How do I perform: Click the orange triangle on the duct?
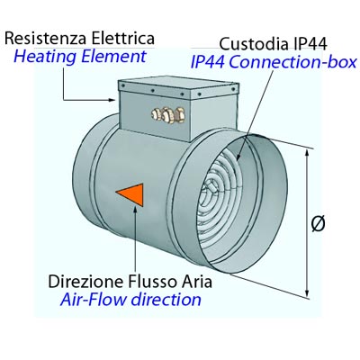pos(133,194)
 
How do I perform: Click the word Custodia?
pos(253,44)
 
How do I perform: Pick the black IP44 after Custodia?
pos(309,44)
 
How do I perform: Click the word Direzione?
pos(86,282)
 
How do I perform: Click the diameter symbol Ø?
pos(318,224)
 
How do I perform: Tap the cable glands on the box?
pos(167,114)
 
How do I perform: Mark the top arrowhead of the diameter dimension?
pos(307,153)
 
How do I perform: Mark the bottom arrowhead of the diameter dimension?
pos(307,293)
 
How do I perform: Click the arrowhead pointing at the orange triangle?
pos(136,210)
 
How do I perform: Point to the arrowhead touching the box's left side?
pos(112,100)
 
